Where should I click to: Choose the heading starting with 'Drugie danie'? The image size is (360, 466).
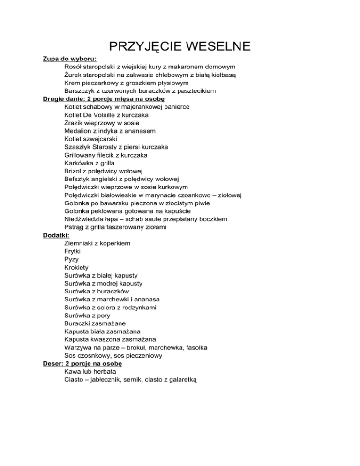click(103, 99)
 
